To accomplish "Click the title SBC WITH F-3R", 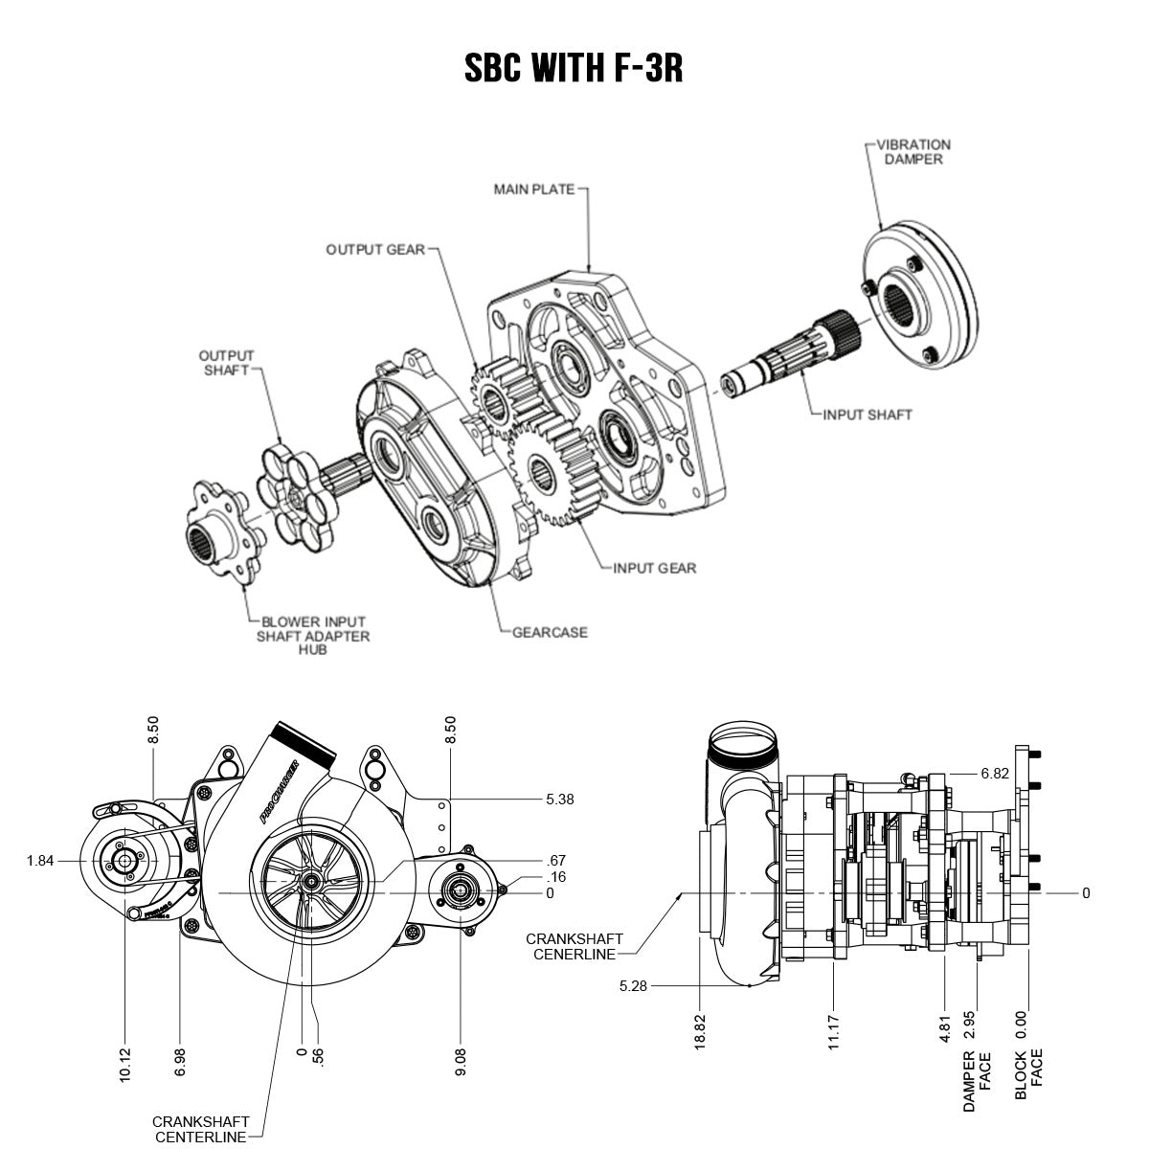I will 574,68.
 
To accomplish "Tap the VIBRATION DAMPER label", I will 916,152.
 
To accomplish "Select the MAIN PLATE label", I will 534,190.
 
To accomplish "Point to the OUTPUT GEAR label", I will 374,249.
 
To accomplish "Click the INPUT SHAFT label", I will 867,415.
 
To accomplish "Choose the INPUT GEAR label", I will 655,568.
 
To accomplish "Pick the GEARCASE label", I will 550,632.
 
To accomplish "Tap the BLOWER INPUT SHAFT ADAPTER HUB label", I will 312,636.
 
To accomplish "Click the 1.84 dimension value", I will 39,861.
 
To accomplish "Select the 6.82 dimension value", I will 994,774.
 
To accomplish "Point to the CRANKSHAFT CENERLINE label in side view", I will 574,946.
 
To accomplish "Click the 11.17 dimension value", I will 833,1028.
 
